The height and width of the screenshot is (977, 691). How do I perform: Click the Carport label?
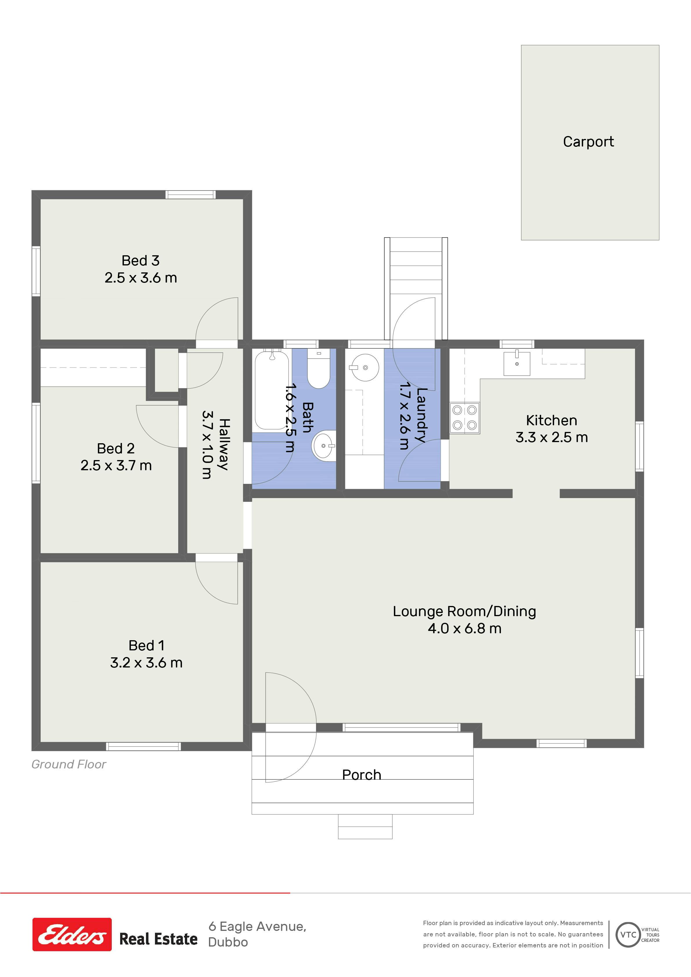tap(588, 142)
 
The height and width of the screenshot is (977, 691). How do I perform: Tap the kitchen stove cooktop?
tap(465, 418)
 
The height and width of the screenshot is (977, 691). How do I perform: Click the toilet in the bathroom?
tap(318, 368)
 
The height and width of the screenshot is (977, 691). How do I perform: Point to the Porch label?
tap(362, 775)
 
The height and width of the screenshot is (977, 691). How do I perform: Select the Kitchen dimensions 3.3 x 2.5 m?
tap(552, 437)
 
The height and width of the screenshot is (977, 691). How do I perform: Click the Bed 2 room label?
tap(116, 448)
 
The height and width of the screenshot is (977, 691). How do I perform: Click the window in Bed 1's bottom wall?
tap(143, 746)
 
